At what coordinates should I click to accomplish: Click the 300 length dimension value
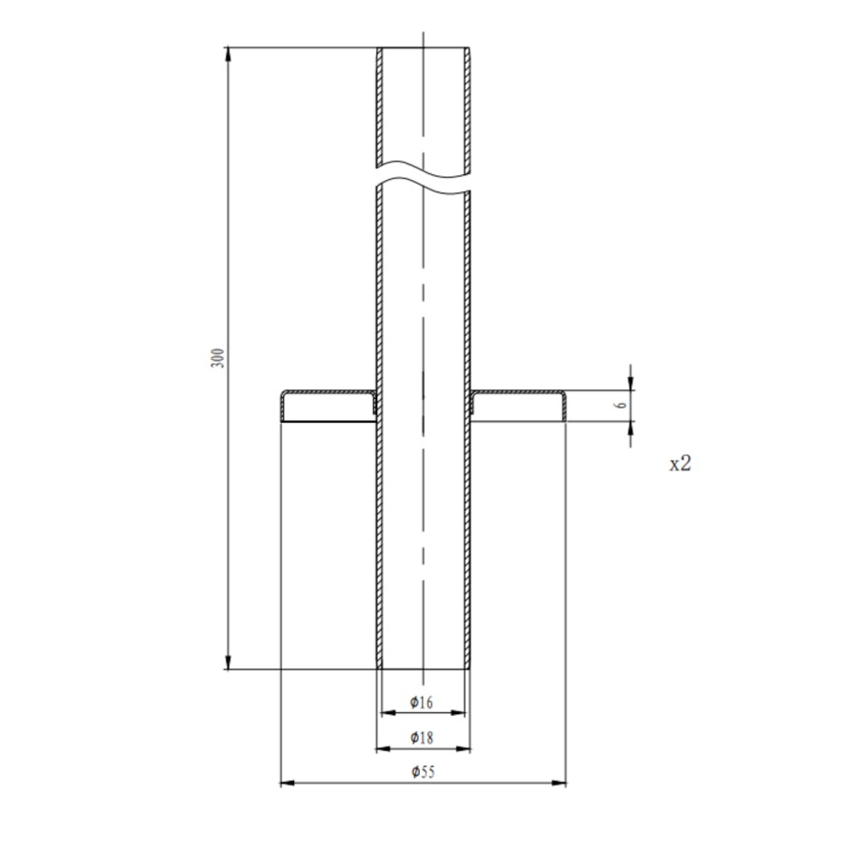218,358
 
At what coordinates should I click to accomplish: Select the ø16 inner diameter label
422,703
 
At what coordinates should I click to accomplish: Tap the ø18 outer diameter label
422,737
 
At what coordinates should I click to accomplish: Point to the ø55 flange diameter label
422,772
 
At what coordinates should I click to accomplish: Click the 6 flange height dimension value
621,405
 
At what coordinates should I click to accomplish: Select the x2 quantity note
680,464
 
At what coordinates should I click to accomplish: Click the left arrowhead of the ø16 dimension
386,712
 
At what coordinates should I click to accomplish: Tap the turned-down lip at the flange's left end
282,407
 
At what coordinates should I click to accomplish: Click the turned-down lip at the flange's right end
564,407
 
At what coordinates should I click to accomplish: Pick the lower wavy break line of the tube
424,188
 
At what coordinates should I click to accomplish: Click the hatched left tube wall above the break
379,105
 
